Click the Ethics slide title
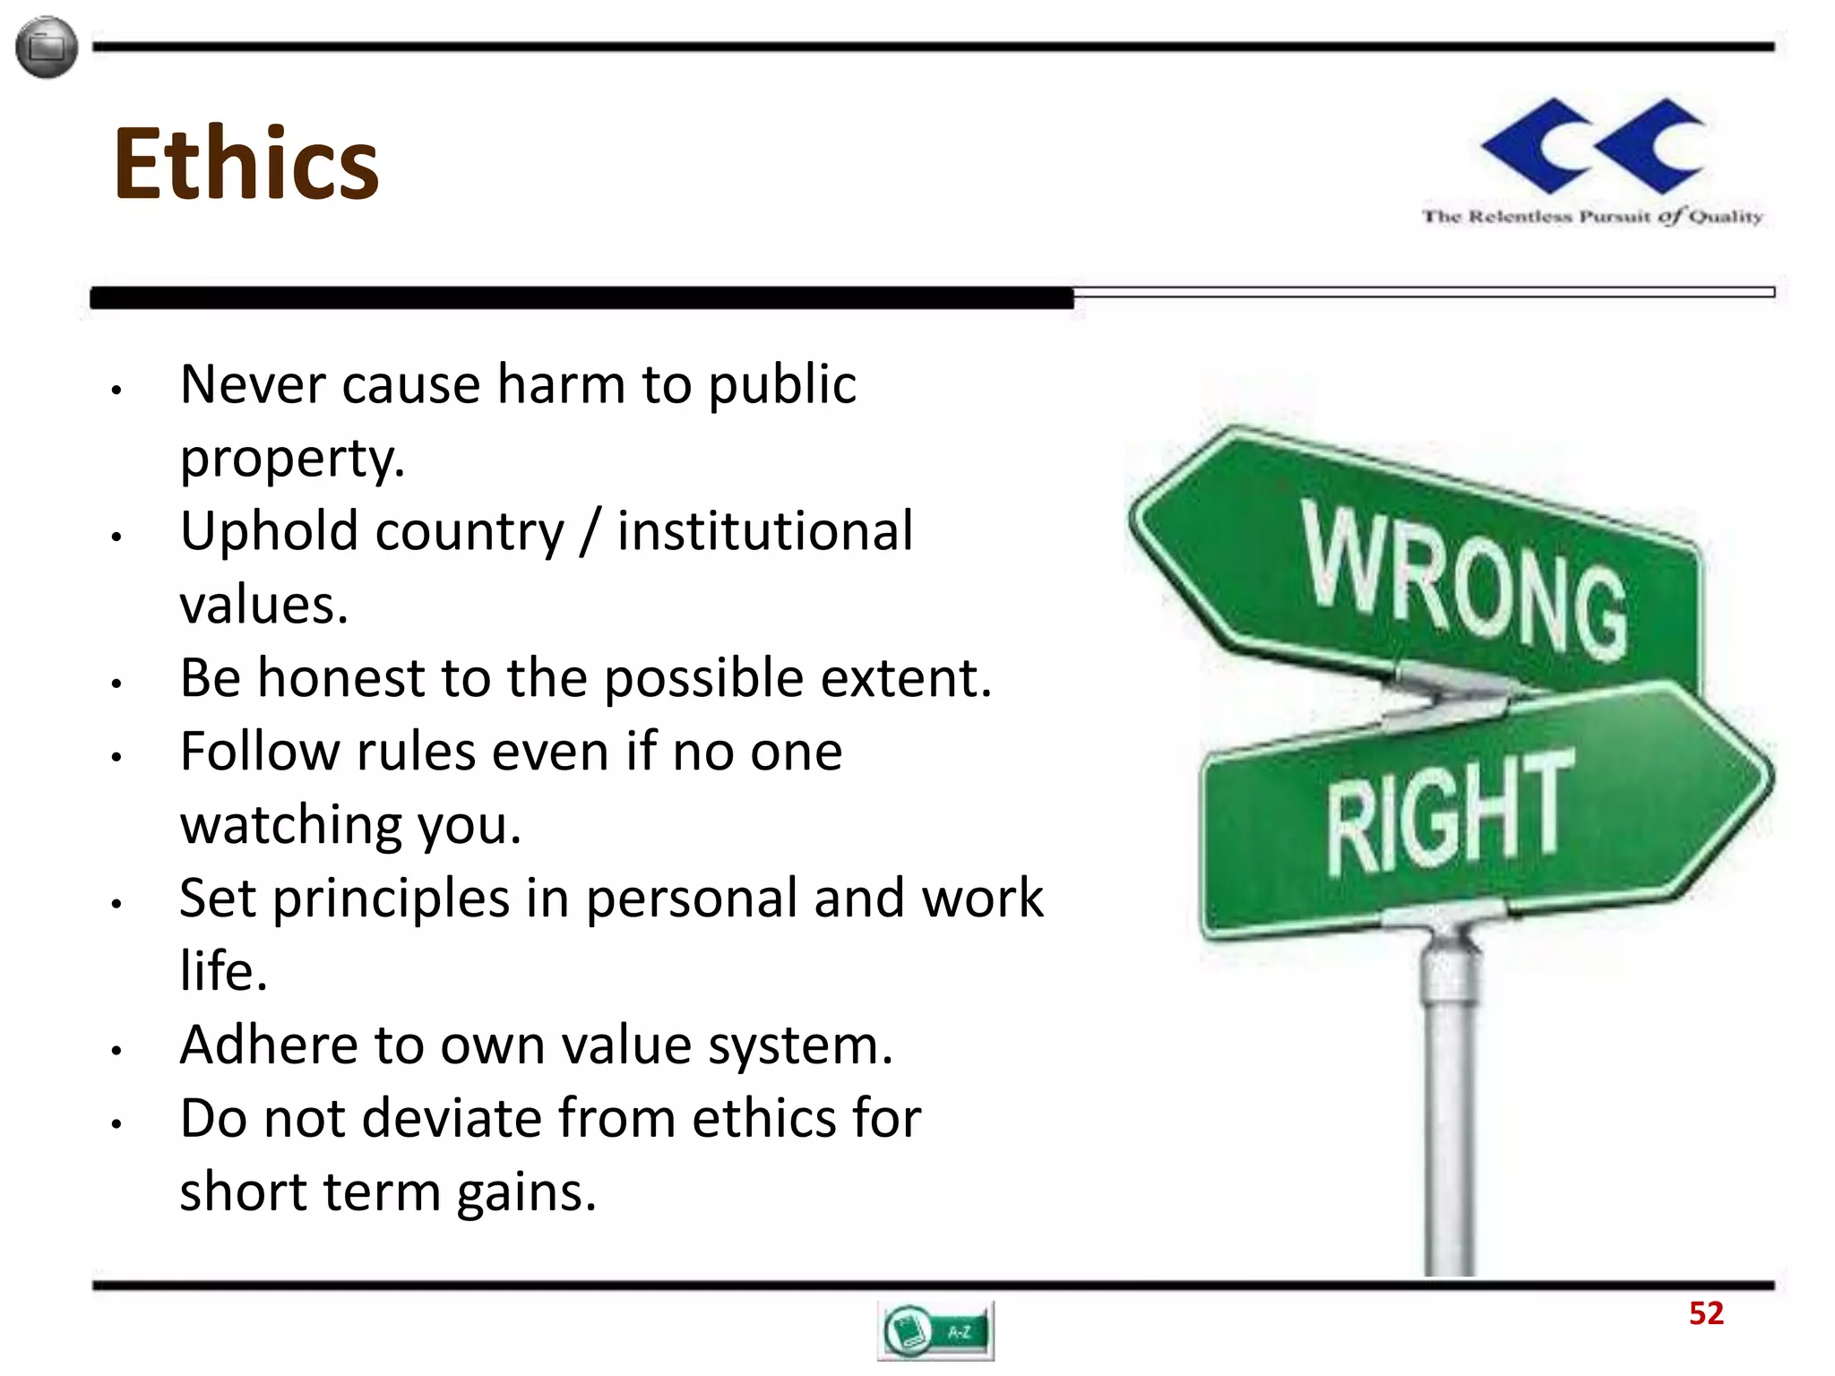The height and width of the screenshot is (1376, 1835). point(246,163)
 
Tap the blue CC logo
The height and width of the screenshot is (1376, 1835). point(1593,146)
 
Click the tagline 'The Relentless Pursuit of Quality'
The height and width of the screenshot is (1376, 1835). point(1592,217)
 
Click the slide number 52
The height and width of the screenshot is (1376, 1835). point(1705,1313)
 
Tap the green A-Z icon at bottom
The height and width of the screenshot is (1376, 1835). point(935,1331)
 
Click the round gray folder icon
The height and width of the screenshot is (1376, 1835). point(47,47)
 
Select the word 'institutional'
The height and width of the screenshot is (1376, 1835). point(765,531)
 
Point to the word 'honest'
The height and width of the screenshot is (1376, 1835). point(340,678)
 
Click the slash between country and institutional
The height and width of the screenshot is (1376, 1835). point(590,531)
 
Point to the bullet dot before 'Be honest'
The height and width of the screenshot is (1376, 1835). point(116,684)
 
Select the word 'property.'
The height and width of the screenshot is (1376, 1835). point(292,459)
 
